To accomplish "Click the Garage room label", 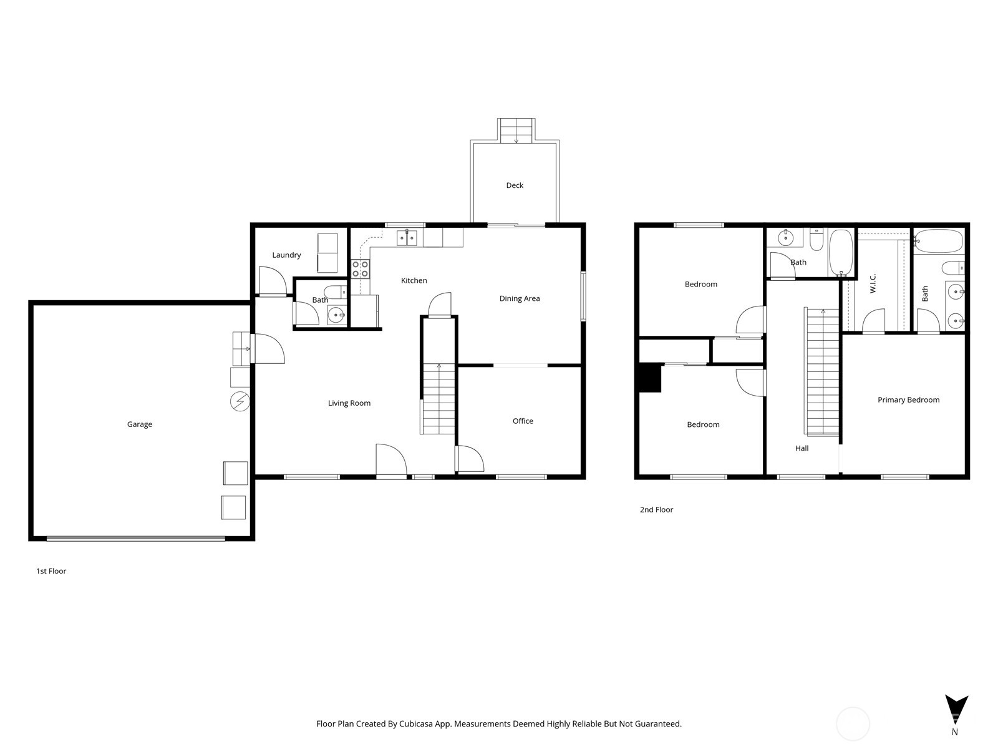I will click(139, 424).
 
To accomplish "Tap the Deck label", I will click(515, 185).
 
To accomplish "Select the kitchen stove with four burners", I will click(360, 269).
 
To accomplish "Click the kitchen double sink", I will click(407, 237).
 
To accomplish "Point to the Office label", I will click(523, 421).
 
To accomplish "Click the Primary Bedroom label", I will click(908, 400).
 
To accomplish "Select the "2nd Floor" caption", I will click(656, 510).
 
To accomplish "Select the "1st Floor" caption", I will click(51, 571).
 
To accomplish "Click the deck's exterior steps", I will click(516, 130).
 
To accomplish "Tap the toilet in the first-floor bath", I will click(336, 291).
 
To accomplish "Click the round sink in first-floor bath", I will click(337, 315).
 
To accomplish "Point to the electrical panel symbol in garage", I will click(240, 401).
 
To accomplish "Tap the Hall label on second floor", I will click(802, 448).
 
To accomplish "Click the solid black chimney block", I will click(650, 378).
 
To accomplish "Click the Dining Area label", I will click(520, 299).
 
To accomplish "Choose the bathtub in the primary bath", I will click(939, 240).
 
